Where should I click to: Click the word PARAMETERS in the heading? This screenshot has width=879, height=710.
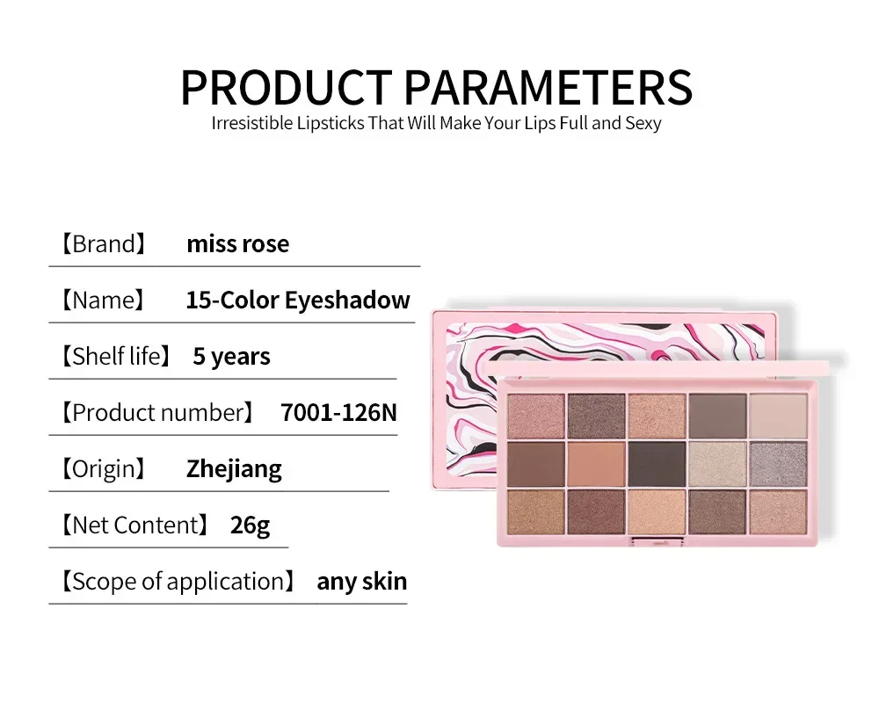[x=548, y=87]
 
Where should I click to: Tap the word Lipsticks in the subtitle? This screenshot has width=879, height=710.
[x=331, y=123]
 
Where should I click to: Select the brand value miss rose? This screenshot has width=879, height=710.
[x=237, y=243]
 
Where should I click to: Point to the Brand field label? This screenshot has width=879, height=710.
[x=103, y=244]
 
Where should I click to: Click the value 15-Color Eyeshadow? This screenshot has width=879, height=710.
[x=298, y=301]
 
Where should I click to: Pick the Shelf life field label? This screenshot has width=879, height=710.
[x=115, y=357]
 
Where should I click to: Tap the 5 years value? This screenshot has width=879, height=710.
[x=231, y=357]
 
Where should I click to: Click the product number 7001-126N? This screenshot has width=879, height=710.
[x=338, y=413]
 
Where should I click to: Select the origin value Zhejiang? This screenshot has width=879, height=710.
[x=234, y=469]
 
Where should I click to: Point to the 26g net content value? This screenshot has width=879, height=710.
[x=250, y=525]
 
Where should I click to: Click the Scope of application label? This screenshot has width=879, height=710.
[x=178, y=582]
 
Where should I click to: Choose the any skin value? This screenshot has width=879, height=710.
[x=362, y=582]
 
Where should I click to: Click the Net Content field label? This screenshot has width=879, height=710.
[x=134, y=525]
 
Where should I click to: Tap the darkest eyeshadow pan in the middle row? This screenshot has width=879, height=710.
[x=657, y=464]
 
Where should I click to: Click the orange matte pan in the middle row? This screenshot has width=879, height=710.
[x=597, y=464]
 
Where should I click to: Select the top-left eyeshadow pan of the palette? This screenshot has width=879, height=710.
[x=536, y=416]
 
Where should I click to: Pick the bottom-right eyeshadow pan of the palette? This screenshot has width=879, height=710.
[x=778, y=512]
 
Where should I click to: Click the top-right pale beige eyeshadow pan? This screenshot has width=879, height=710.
[x=778, y=416]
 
